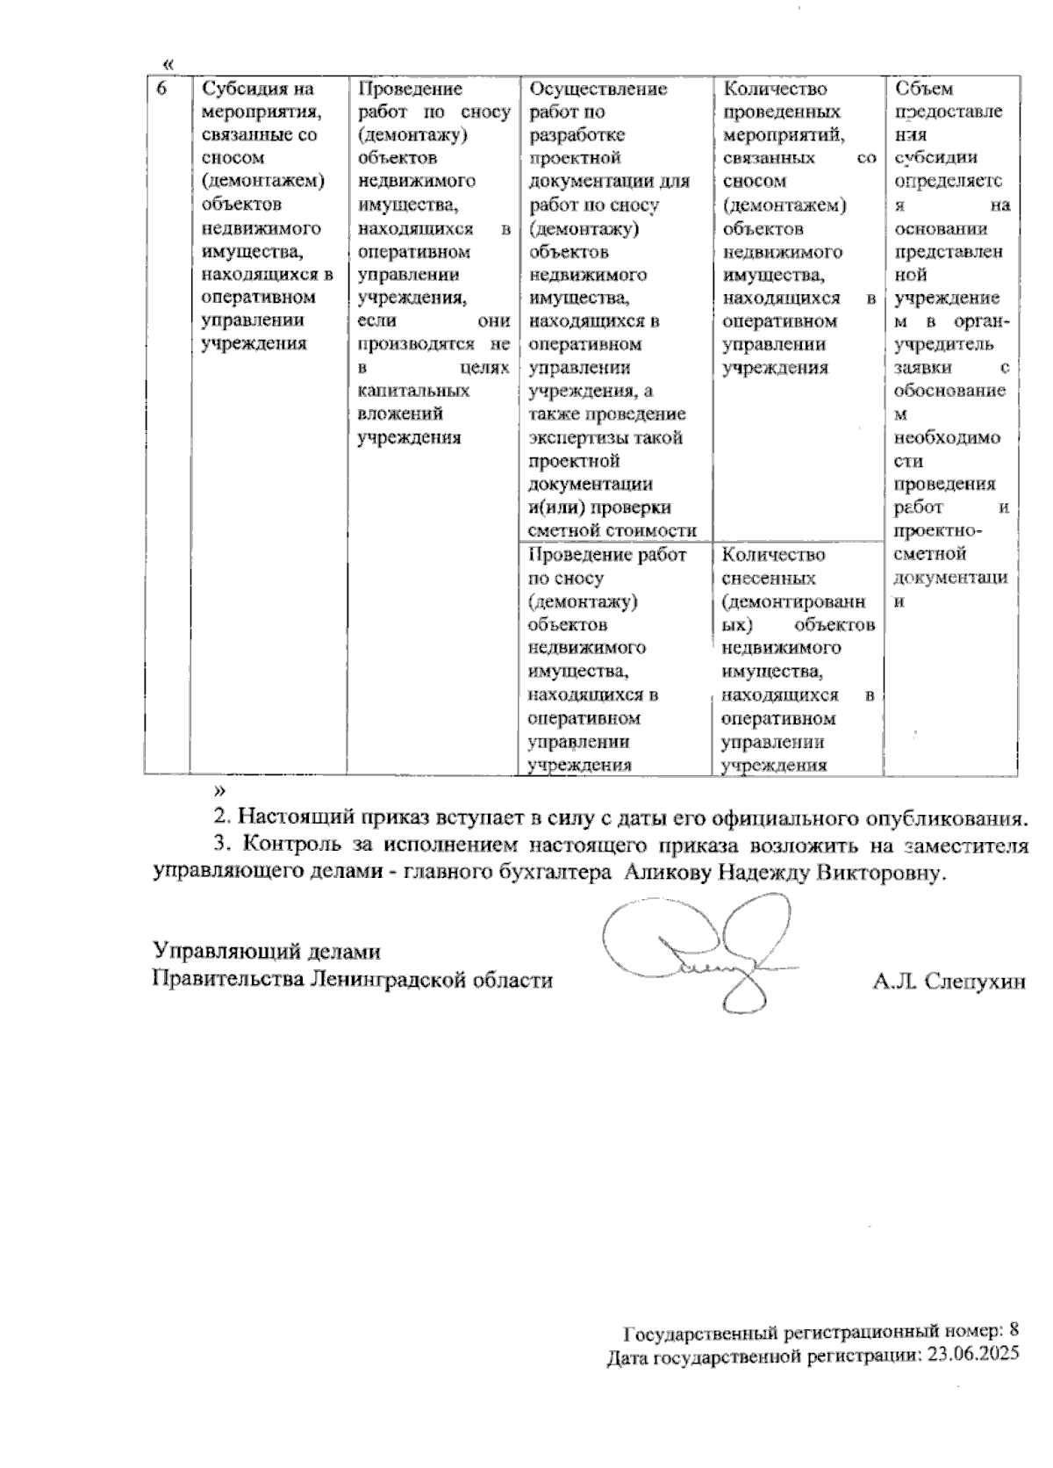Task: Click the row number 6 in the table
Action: [x=161, y=90]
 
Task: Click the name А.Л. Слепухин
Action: [x=949, y=981]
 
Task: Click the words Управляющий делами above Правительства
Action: [x=267, y=951]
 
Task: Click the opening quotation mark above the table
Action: [x=169, y=64]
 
